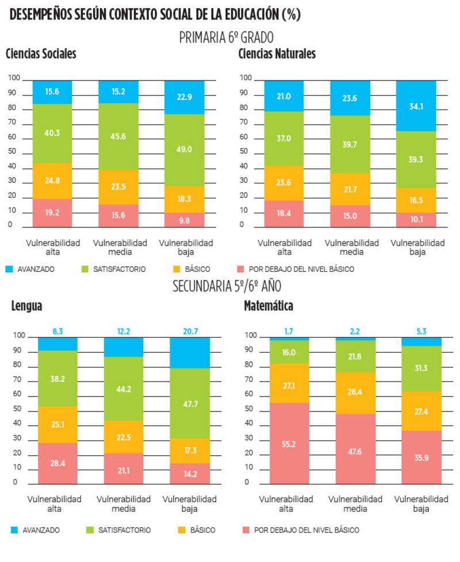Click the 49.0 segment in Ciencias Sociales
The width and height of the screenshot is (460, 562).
(x=184, y=149)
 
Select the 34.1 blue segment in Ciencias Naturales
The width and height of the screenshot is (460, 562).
(x=416, y=106)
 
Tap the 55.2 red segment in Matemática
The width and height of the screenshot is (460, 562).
(x=289, y=442)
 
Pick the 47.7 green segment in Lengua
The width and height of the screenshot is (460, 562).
(x=190, y=403)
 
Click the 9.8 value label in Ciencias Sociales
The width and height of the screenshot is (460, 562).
(x=185, y=219)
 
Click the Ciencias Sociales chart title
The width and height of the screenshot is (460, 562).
(x=41, y=54)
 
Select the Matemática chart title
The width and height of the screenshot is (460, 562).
(x=268, y=306)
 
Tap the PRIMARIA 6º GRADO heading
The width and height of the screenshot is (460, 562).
(x=226, y=38)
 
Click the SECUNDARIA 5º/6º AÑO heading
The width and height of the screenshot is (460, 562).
(x=227, y=286)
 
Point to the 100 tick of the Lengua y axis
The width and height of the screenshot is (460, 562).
(x=19, y=336)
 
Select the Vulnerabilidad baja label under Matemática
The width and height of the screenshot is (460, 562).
(x=421, y=503)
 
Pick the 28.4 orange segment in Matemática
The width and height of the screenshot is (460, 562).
(x=355, y=392)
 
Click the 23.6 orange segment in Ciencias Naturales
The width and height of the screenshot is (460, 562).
(x=283, y=183)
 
